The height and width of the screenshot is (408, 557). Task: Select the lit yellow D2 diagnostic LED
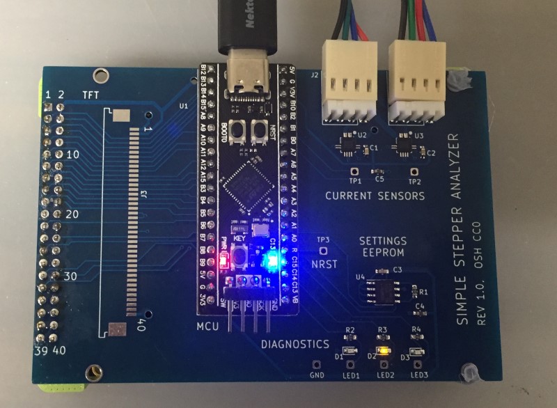pos(382,352)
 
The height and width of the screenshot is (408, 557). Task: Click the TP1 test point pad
pos(354,171)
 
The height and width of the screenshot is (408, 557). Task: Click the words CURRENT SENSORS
pos(375,196)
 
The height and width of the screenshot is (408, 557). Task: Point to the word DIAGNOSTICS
pos(295,344)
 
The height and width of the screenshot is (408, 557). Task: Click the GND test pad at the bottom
pos(317,364)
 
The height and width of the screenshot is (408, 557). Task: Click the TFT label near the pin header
pos(91,94)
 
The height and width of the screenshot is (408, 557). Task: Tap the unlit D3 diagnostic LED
pos(418,353)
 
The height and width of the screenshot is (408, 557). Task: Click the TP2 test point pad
pos(414,171)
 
